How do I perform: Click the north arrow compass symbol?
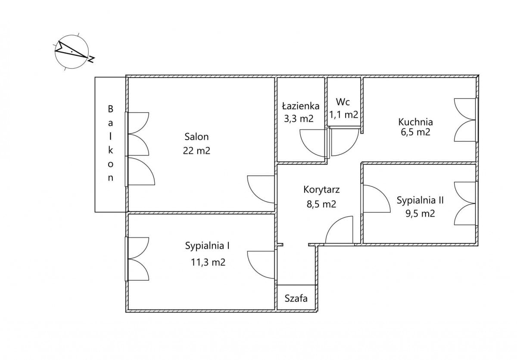tap(72, 50)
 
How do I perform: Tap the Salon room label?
tap(196, 137)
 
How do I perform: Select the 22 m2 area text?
tap(196, 151)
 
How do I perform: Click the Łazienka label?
tap(301, 106)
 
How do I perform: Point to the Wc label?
tap(343, 102)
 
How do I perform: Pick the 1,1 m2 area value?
tap(344, 115)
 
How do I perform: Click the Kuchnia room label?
tap(415, 122)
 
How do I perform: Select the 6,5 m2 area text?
tap(415, 132)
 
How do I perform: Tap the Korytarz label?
tap(321, 190)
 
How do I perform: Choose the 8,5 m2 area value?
tap(321, 204)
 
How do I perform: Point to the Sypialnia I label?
tap(207, 246)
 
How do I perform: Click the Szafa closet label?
tap(296, 298)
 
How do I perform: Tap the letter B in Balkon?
tap(111, 110)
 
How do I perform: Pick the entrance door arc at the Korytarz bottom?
tap(339, 231)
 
